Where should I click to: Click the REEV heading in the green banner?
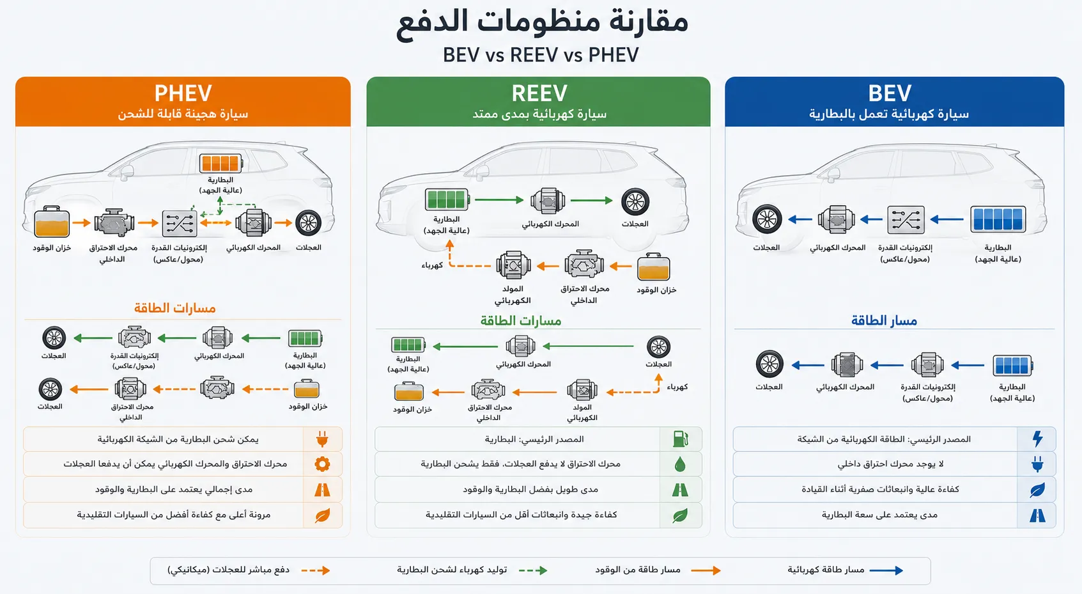pos(539,93)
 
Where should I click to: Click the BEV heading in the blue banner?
pos(890,93)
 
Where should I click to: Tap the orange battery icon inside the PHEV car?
pos(220,163)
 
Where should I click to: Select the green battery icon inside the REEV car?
pos(447,199)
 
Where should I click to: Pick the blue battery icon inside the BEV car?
pos(998,219)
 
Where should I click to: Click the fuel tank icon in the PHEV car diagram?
pos(52,223)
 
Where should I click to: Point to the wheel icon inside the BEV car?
pos(767,219)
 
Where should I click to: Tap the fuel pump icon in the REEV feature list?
pos(680,439)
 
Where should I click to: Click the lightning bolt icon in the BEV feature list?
pos(1037,439)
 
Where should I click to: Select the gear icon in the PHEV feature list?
pos(322,464)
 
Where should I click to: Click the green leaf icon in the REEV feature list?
pos(680,515)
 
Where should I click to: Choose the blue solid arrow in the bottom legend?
pos(886,570)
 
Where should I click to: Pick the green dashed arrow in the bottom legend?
pos(533,570)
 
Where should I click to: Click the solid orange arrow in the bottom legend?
pos(706,570)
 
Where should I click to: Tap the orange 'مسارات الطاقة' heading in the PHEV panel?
pos(175,308)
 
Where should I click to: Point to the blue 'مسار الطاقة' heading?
pos(884,320)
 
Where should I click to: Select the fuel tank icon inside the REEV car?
pos(654,267)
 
